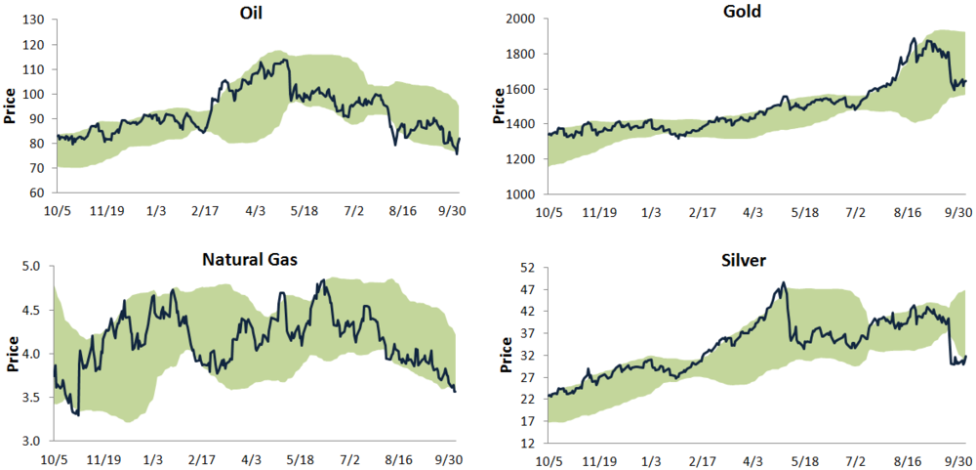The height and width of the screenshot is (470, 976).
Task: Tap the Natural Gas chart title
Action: pyautogui.click(x=251, y=259)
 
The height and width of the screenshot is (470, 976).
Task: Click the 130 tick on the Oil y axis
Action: pyautogui.click(x=36, y=21)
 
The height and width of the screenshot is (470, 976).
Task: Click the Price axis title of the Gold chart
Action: pyautogui.click(x=500, y=107)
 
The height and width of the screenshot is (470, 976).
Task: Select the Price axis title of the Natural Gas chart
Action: pyautogui.click(x=11, y=353)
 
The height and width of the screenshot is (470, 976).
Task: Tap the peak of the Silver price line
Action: pyautogui.click(x=784, y=283)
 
